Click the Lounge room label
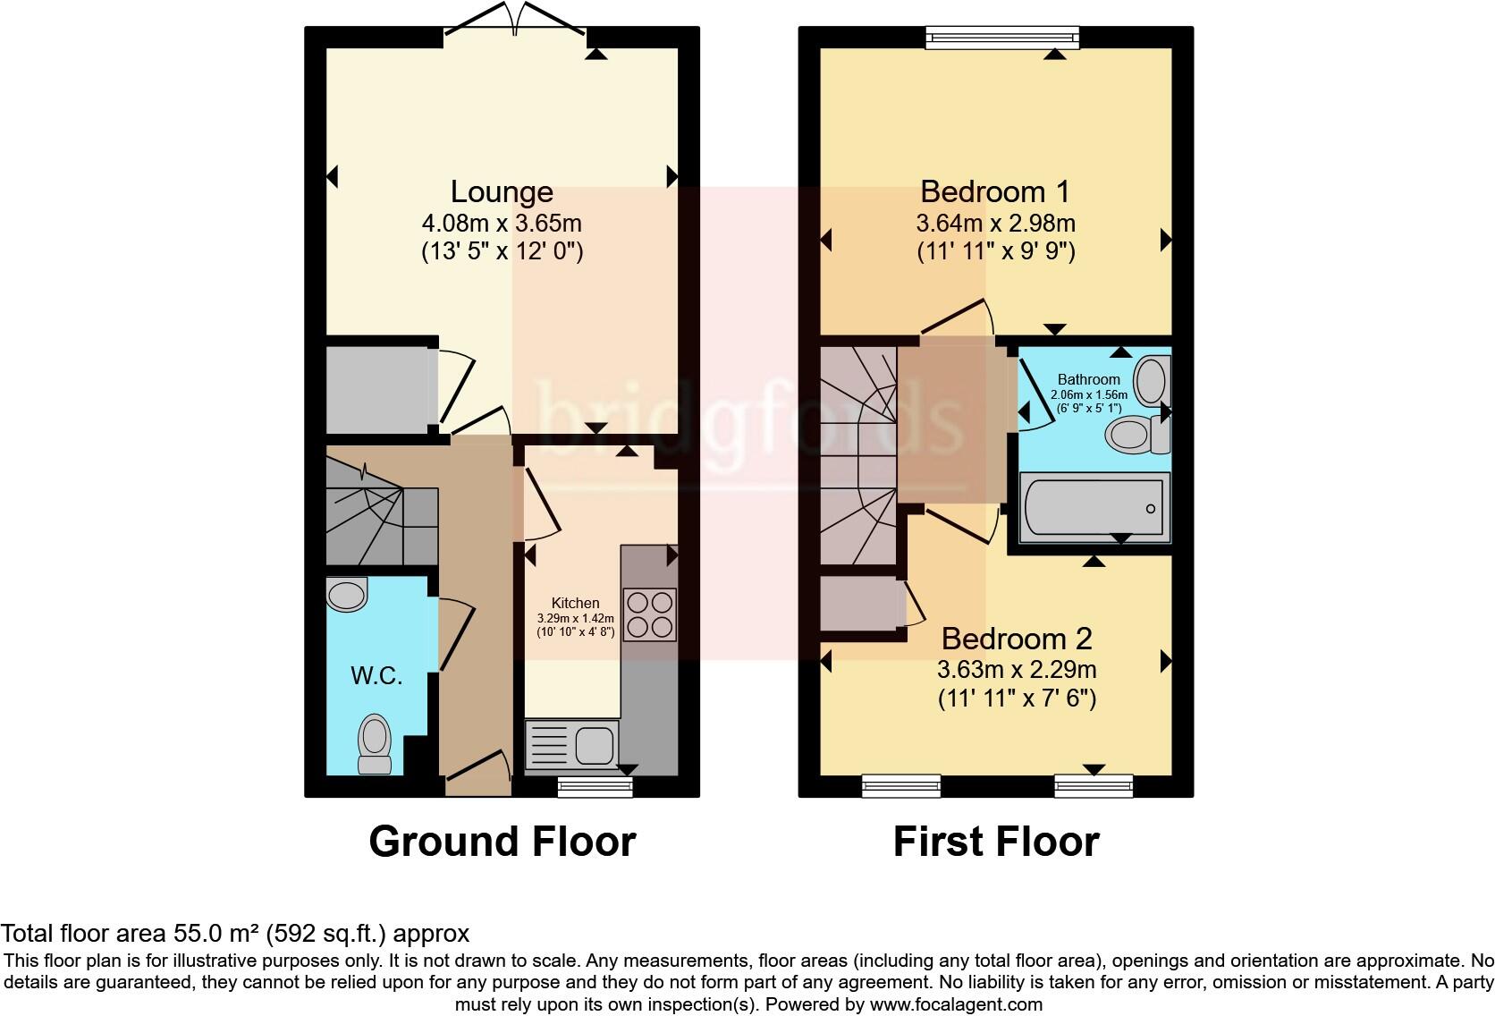click(502, 192)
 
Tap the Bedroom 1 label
click(995, 192)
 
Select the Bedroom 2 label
click(1017, 639)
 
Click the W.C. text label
click(376, 676)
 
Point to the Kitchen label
click(575, 603)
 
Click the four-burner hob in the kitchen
click(649, 614)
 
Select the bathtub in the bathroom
click(1094, 507)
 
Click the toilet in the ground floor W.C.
click(375, 743)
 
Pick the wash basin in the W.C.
click(347, 594)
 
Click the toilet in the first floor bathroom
click(1137, 434)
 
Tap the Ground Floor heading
click(502, 842)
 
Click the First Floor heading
click(996, 842)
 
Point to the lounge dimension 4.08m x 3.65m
click(502, 223)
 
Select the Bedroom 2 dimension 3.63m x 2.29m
click(1017, 669)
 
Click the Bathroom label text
click(1088, 380)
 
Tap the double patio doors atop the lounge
click(515, 20)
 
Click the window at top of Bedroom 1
click(1002, 38)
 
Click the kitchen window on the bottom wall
click(595, 787)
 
